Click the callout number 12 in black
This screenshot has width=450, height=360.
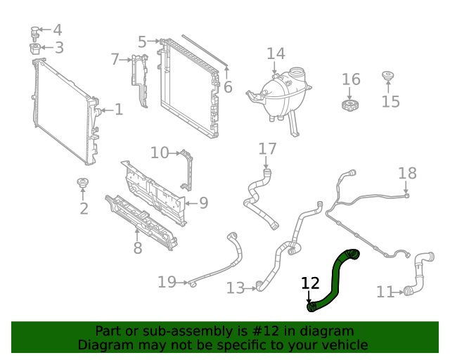310,283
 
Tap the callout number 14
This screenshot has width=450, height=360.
276,54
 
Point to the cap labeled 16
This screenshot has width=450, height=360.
350,105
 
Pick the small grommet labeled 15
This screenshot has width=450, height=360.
387,75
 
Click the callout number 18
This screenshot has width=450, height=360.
407,173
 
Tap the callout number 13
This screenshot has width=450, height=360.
236,288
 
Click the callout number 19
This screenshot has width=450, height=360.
167,282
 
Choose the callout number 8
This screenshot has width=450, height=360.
138,248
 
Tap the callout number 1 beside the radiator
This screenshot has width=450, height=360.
119,109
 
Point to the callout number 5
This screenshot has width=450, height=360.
142,42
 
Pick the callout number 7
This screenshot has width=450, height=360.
115,60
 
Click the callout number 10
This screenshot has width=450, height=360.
160,153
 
